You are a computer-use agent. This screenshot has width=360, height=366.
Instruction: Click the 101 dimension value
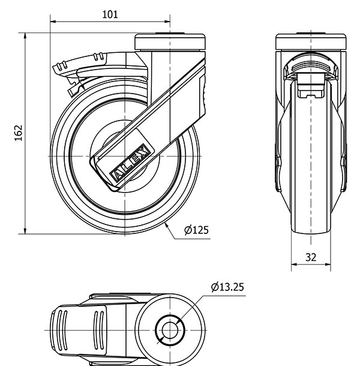pos(110,14)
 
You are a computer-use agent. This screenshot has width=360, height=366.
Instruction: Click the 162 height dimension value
pos(19,133)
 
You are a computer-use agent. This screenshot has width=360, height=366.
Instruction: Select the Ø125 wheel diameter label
pos(196,230)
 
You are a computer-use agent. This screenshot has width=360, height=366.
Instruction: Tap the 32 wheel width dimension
pos(311,257)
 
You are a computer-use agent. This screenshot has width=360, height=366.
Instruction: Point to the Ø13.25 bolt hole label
pos(227,287)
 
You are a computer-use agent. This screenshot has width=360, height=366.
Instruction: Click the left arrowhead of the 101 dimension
pos(53,22)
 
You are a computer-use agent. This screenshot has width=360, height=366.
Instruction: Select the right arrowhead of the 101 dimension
pos(167,22)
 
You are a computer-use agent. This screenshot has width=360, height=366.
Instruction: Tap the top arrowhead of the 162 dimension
pos(25,36)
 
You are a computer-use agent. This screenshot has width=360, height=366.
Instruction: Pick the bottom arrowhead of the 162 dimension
pos(25,231)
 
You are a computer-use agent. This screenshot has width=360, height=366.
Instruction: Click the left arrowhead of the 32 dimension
pos(294,265)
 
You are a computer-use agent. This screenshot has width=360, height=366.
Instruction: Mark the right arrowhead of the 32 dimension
pos(328,265)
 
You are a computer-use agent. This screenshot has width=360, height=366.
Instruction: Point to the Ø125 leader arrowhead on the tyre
pos(166,225)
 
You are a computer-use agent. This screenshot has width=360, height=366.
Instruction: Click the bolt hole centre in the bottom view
pos(170,330)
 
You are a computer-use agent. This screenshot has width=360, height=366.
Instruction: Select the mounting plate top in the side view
pos(170,42)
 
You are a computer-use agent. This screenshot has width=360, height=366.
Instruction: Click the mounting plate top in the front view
pos(311,41)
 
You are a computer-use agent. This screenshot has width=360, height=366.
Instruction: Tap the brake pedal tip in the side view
pos(56,68)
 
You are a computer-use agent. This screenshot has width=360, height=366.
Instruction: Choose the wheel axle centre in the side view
pos(125,156)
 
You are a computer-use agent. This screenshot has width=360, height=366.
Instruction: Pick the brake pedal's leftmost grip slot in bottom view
pos(59,330)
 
